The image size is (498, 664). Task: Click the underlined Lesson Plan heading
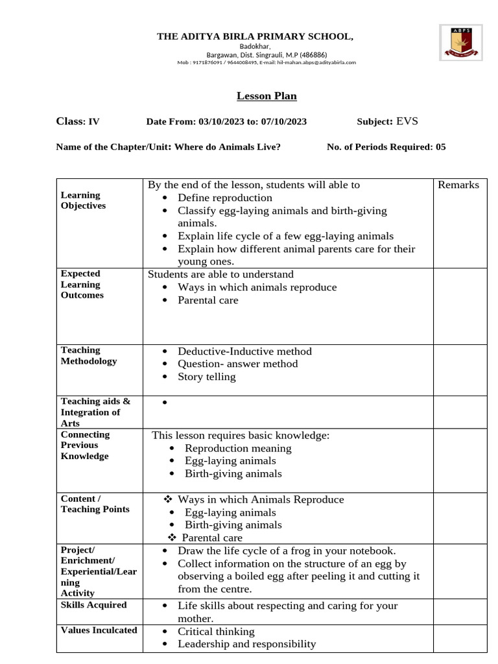pos(267,96)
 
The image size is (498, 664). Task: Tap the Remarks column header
pos(458,185)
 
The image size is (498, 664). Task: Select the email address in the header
pos(316,62)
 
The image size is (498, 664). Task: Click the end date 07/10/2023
pos(281,122)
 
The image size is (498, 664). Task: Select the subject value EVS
pos(409,121)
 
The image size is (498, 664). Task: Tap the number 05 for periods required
pos(440,147)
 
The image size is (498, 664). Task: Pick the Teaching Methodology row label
pos(88,355)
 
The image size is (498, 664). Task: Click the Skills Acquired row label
pos(93,605)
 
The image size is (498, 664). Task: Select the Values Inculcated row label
pos(99,630)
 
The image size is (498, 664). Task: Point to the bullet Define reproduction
pos(224,198)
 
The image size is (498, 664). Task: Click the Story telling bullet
pos(206,377)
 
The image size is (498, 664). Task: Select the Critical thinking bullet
pos(216,632)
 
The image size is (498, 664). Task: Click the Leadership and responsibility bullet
pos(246,644)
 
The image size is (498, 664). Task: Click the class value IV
pos(94,122)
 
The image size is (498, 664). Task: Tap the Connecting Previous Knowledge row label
pos(85,445)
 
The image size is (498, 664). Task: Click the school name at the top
pos(255,37)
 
